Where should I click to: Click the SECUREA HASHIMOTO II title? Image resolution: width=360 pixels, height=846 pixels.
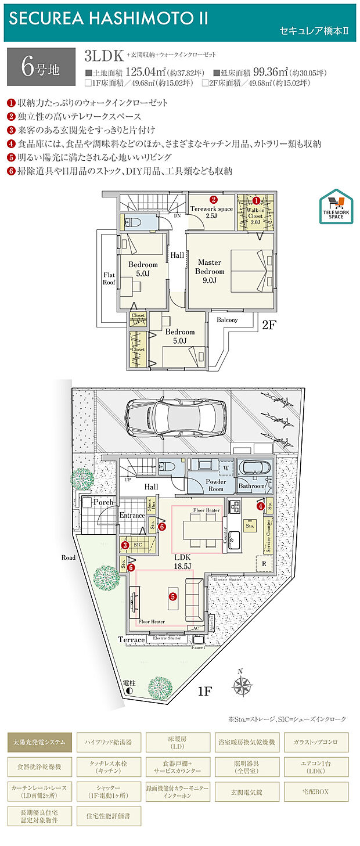pos(108,18)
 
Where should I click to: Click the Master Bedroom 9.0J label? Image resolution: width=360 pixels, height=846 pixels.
pos(210,271)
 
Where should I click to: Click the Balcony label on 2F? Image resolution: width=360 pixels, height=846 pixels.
pos(227,320)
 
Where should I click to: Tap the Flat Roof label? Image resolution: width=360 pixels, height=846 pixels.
pos(109,278)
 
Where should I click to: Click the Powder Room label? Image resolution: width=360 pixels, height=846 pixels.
pos(215,485)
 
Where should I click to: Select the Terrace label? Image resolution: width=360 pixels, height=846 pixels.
pos(131,639)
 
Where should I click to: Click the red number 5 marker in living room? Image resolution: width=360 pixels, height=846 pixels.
pos(172,595)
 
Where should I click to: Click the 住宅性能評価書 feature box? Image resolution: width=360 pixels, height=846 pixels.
pos(109,815)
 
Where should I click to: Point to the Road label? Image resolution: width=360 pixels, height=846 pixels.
pos(69,557)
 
